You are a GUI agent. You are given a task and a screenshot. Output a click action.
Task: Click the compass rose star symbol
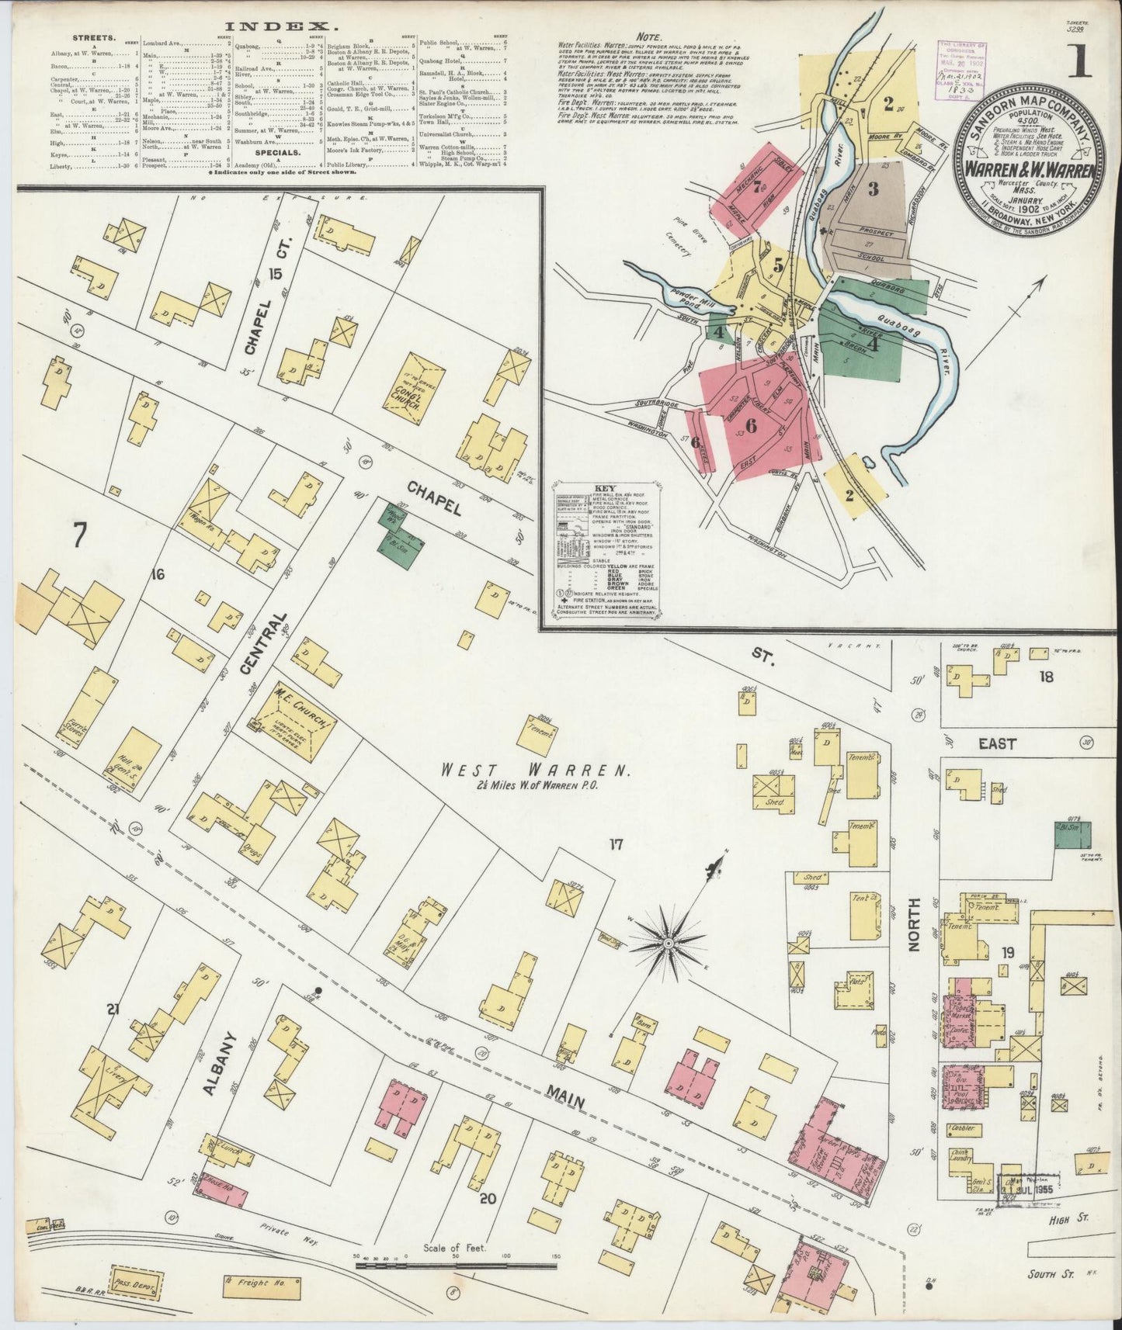(669, 942)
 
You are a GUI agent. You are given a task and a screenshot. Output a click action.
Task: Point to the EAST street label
(997, 744)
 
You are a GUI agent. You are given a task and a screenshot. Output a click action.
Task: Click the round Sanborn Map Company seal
(1030, 161)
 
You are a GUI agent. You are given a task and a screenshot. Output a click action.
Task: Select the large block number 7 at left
(78, 535)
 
